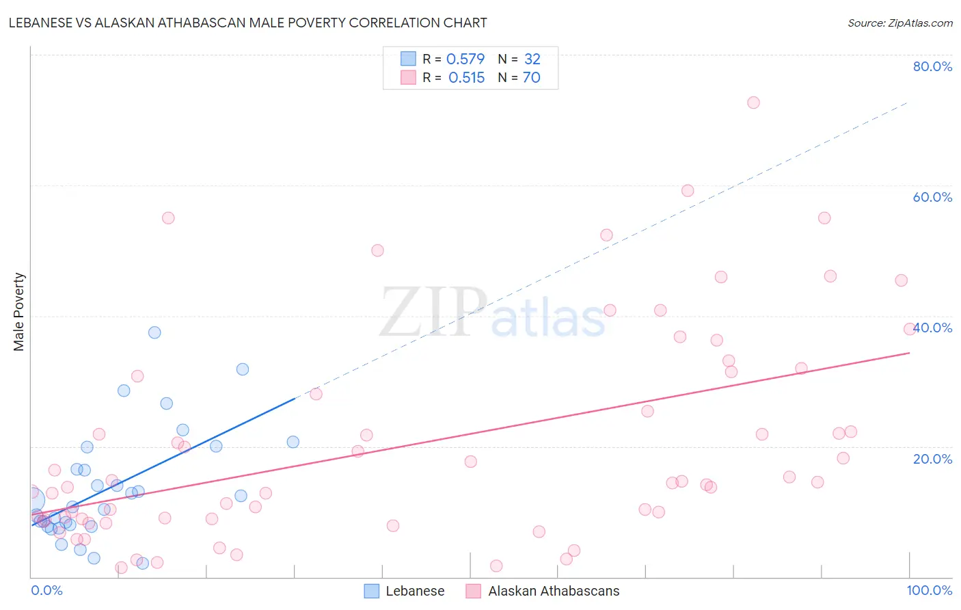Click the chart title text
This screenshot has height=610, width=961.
pyautogui.click(x=247, y=23)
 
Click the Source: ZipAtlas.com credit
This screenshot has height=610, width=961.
pyautogui.click(x=899, y=23)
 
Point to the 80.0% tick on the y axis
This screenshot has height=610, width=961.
pyautogui.click(x=932, y=66)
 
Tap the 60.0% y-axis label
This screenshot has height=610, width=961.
pyautogui.click(x=932, y=197)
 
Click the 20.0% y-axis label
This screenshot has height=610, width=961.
pyautogui.click(x=932, y=458)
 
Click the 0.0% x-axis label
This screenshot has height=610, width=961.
pyautogui.click(x=46, y=590)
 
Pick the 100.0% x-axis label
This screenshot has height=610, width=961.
pyautogui.click(x=929, y=590)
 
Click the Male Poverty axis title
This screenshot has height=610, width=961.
pyautogui.click(x=19, y=312)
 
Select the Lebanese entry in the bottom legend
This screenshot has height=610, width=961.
pyautogui.click(x=405, y=591)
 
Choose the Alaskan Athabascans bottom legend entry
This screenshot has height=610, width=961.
pyautogui.click(x=543, y=591)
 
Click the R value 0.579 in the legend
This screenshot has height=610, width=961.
pyautogui.click(x=465, y=59)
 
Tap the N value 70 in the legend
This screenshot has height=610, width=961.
pyautogui.click(x=531, y=78)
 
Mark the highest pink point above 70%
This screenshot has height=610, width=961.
pyautogui.click(x=753, y=103)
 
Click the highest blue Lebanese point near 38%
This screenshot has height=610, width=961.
pyautogui.click(x=154, y=332)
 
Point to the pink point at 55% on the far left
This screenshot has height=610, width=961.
pyautogui.click(x=168, y=218)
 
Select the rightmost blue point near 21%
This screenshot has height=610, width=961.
pyautogui.click(x=293, y=442)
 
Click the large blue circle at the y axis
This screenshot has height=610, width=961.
pyautogui.click(x=31, y=500)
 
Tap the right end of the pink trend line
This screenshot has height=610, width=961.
pyautogui.click(x=909, y=353)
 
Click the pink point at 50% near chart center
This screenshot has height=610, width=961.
pyautogui.click(x=377, y=250)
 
